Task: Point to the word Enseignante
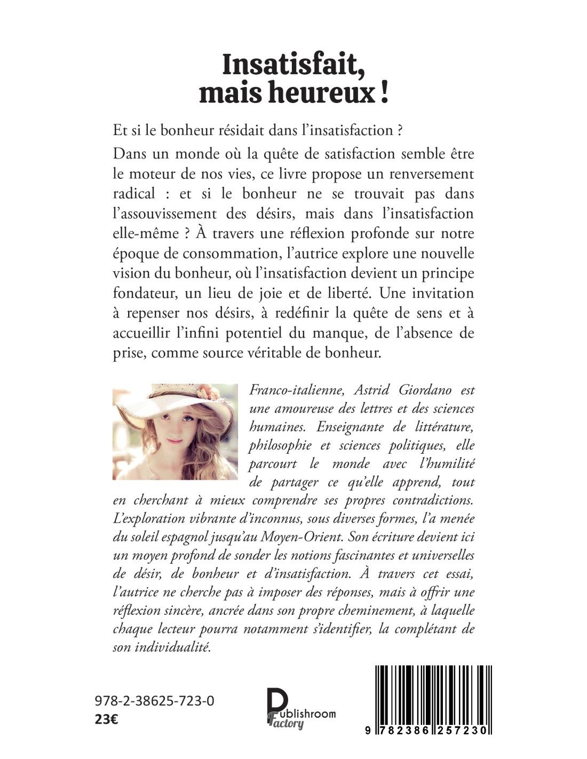pyautogui.click(x=350, y=427)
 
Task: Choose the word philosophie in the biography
pyautogui.click(x=280, y=446)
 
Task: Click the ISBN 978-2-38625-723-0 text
pyautogui.click(x=155, y=701)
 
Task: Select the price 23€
pyautogui.click(x=107, y=719)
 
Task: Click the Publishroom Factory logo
pyautogui.click(x=300, y=708)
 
